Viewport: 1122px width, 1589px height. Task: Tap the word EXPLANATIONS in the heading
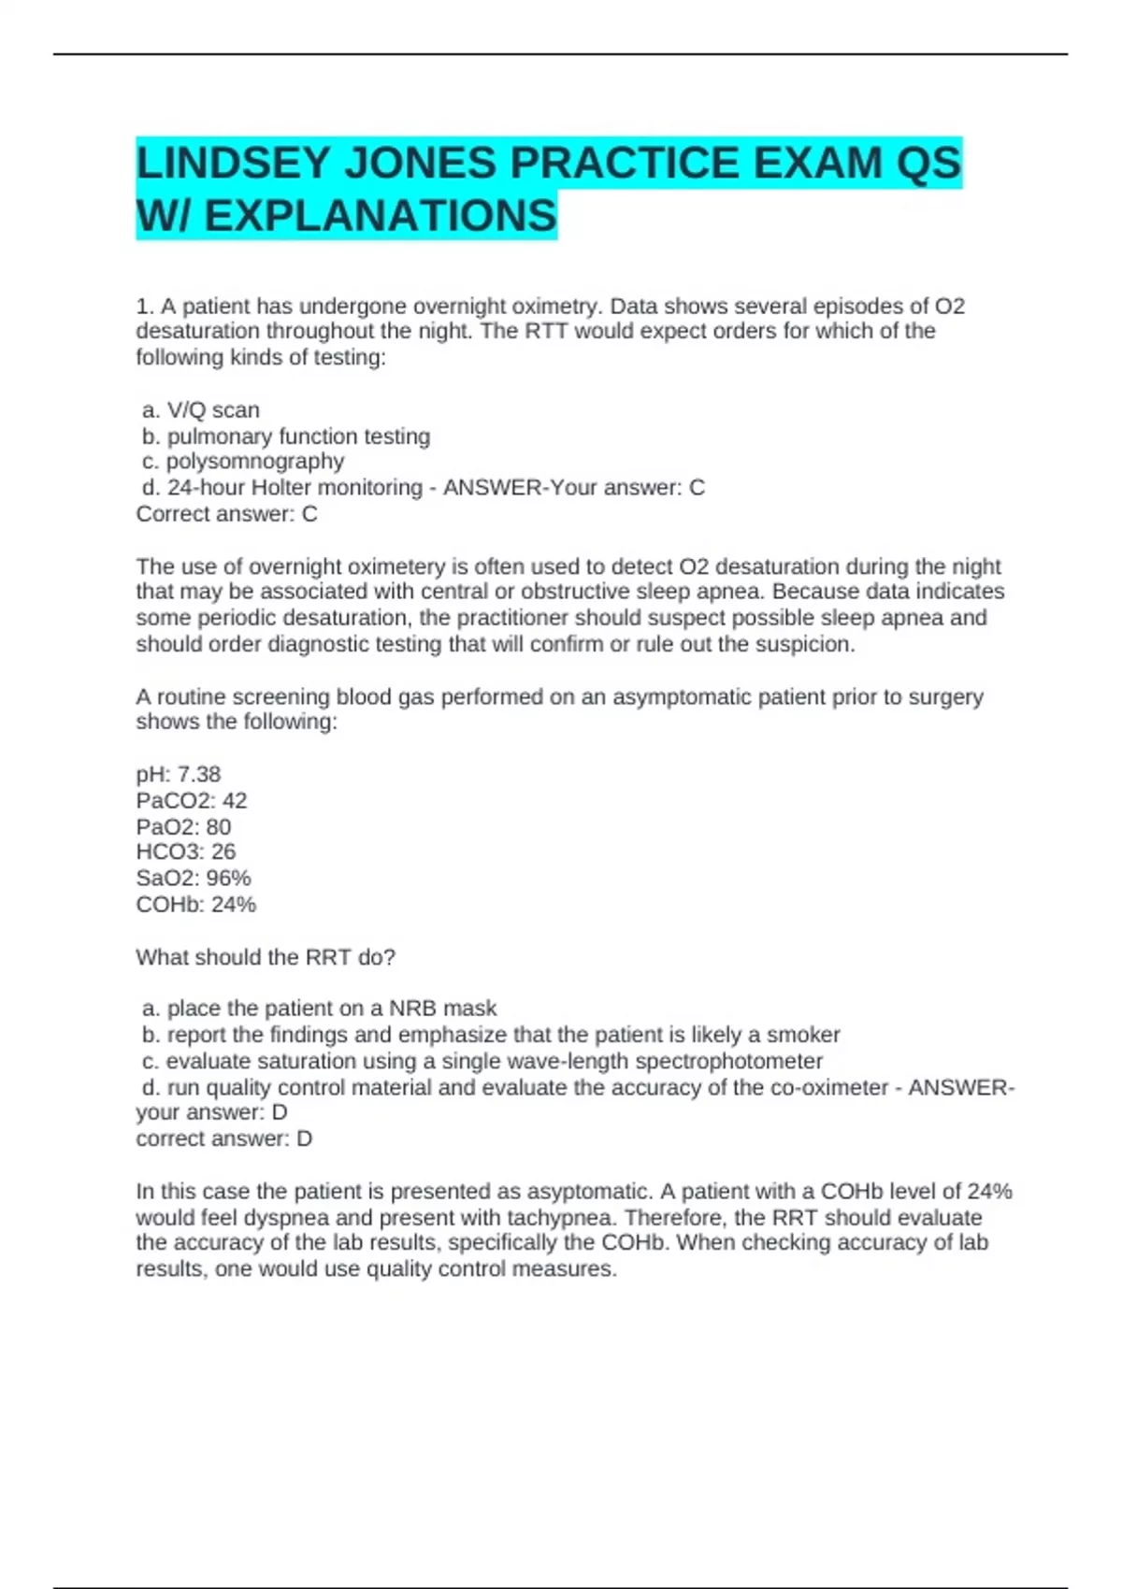(x=380, y=216)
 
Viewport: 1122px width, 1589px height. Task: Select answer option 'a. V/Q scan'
(x=201, y=410)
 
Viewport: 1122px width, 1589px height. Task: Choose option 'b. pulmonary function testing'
(x=286, y=437)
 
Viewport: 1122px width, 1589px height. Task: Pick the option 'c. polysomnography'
(x=243, y=462)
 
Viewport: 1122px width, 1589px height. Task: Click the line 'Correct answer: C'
(x=226, y=514)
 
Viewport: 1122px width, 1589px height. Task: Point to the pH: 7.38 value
(x=179, y=775)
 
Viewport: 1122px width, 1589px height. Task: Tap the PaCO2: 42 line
(x=192, y=801)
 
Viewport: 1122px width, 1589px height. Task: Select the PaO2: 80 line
(x=183, y=827)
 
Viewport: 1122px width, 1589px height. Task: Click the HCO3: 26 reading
(x=186, y=852)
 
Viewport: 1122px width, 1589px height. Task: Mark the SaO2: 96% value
(x=194, y=879)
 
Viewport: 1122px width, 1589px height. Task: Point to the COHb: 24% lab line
(x=196, y=905)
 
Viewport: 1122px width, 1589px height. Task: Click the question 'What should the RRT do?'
(x=266, y=957)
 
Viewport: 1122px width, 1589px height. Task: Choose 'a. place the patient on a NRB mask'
(x=320, y=1009)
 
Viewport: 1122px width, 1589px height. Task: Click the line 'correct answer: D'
(x=224, y=1138)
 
